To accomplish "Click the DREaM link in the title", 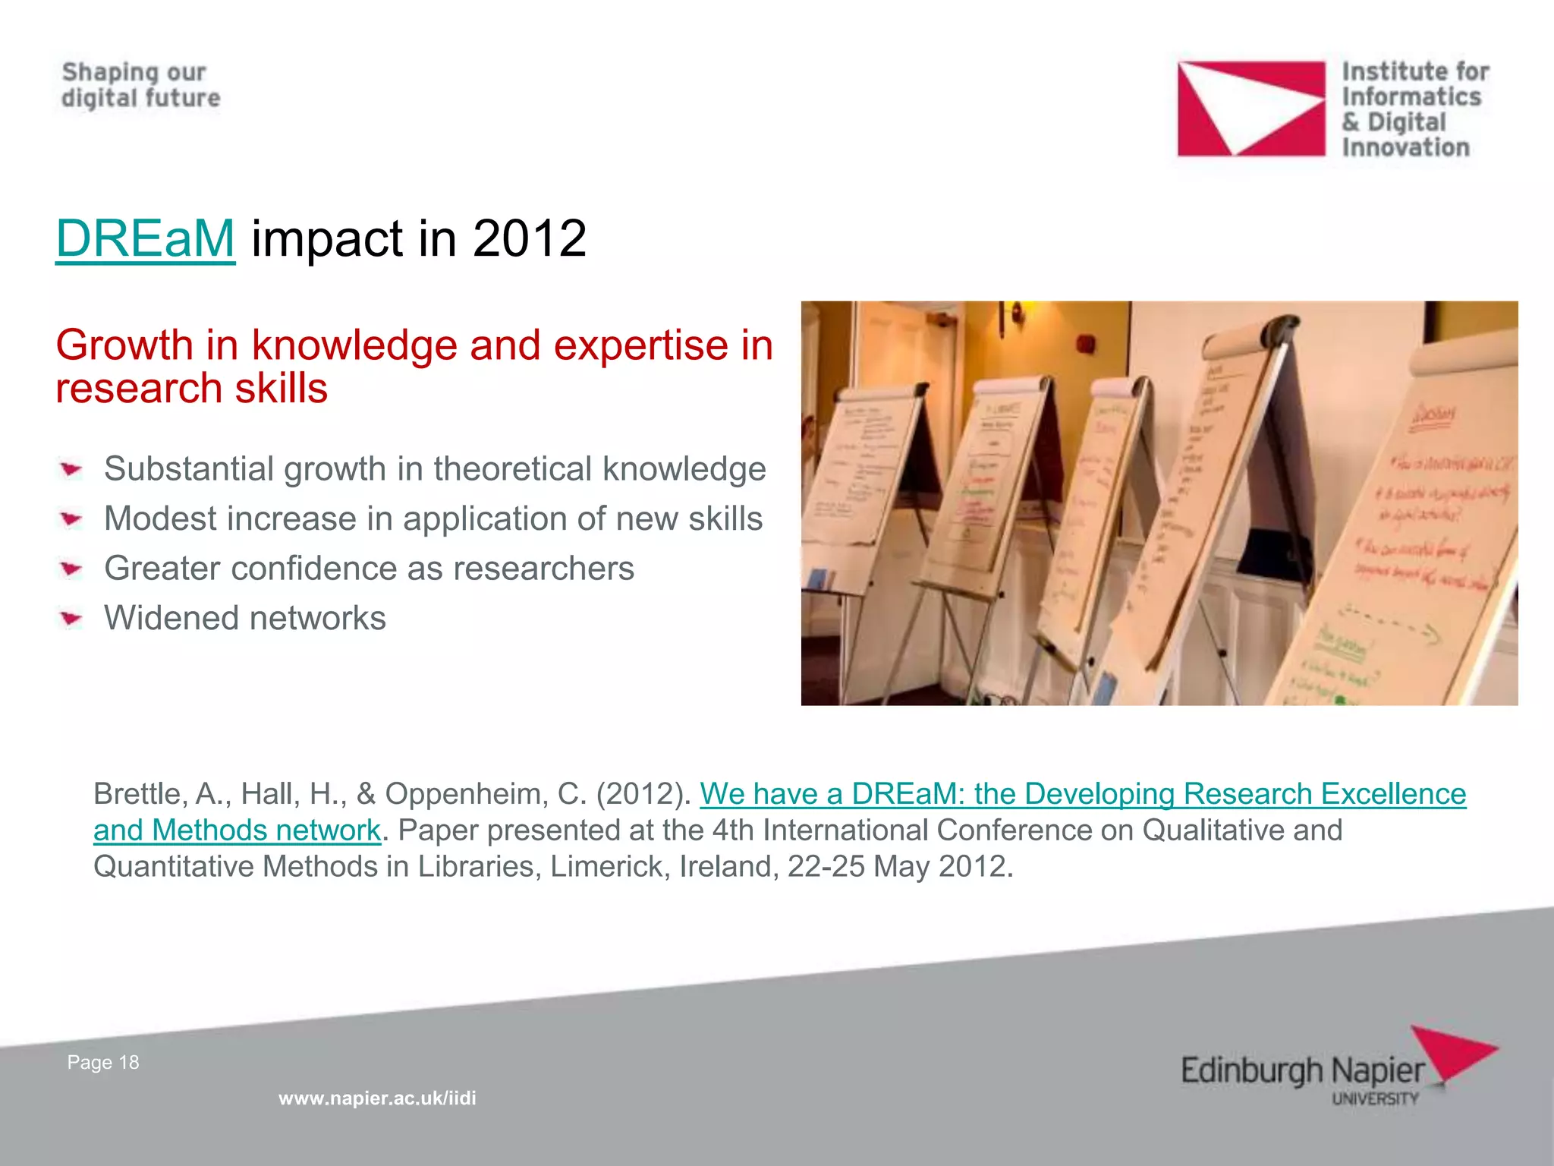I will click(x=145, y=239).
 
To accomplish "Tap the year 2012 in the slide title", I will click(x=529, y=239).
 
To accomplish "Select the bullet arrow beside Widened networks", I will click(x=71, y=619).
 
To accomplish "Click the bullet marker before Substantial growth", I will click(x=71, y=470).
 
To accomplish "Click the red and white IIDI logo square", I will click(x=1250, y=109).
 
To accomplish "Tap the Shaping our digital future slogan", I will click(x=140, y=85).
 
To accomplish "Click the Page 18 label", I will click(x=103, y=1062).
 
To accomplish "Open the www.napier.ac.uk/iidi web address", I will click(x=377, y=1098).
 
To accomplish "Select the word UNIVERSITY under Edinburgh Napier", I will click(x=1375, y=1099).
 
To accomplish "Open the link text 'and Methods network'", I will click(x=237, y=830).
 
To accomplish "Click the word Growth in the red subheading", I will click(x=124, y=345).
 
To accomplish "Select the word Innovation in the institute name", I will click(x=1405, y=147).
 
